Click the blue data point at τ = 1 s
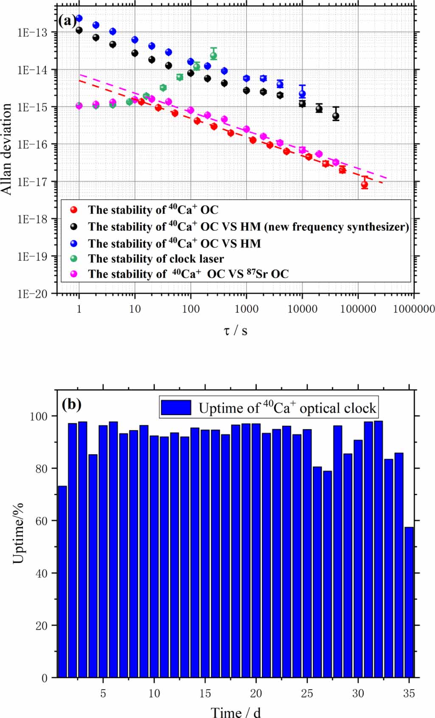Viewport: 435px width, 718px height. (x=79, y=18)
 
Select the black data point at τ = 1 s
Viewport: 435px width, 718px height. (x=79, y=30)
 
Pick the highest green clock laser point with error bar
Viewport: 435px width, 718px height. (x=213, y=56)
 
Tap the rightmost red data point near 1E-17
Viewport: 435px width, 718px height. (x=365, y=184)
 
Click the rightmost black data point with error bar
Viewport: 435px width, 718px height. (x=336, y=116)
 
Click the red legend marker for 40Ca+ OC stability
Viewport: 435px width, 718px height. (x=74, y=210)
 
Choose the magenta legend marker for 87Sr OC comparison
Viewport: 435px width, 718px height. (x=74, y=274)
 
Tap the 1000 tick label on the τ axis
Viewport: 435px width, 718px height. (x=246, y=309)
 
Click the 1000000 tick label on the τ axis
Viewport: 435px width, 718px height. (x=414, y=309)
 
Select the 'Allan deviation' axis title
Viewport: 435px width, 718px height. (x=7, y=149)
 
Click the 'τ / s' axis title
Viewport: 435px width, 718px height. (x=236, y=330)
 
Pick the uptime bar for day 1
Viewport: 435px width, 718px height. (x=62, y=581)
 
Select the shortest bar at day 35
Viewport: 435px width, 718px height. (x=409, y=602)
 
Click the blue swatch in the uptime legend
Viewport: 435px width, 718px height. (x=176, y=408)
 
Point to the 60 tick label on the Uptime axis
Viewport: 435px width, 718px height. (x=41, y=521)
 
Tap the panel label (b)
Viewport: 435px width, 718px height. (x=71, y=404)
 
